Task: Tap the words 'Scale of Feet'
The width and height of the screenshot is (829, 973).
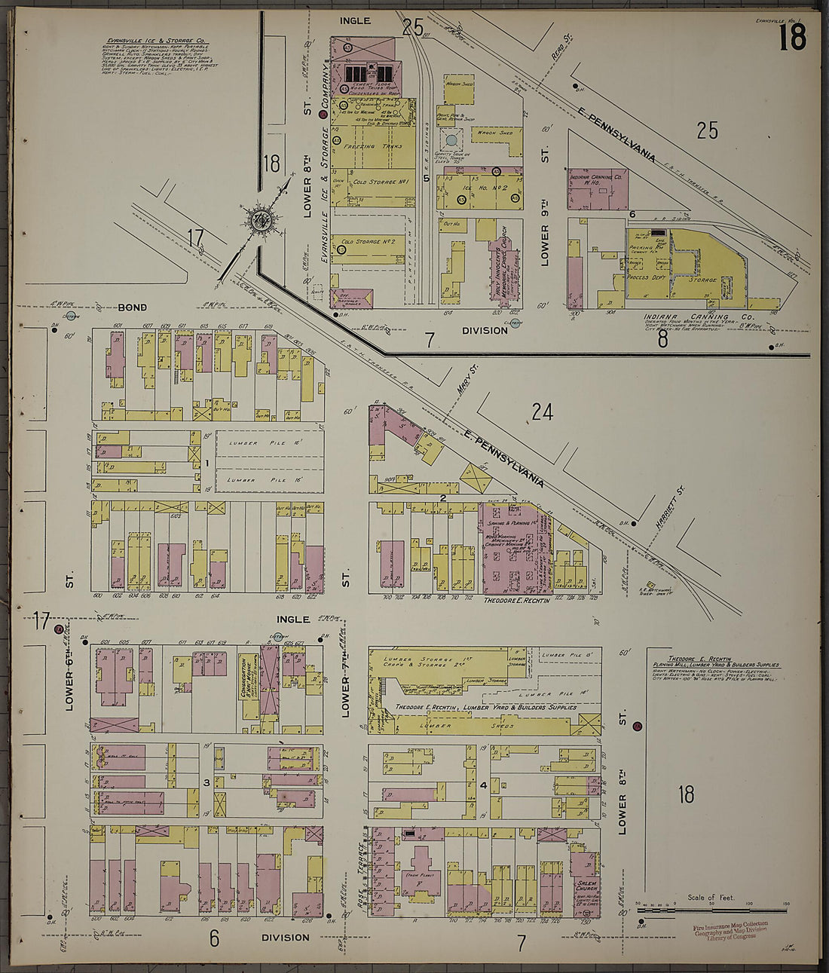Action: tap(711, 898)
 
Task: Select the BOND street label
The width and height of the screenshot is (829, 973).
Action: tap(131, 308)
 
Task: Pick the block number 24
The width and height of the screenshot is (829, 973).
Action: tap(542, 412)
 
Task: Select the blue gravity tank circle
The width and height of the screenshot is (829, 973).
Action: tap(451, 139)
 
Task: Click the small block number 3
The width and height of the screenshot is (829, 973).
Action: tap(206, 783)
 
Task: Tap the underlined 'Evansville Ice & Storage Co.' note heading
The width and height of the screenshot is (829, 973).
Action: tap(158, 41)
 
